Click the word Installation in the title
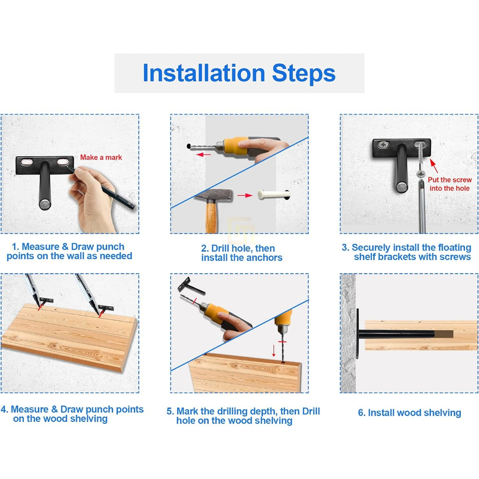[x=204, y=73]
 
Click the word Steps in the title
[x=304, y=73]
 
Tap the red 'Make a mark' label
[x=101, y=157]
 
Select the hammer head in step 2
[x=214, y=195]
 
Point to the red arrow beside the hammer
[x=245, y=196]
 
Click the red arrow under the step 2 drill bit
[x=203, y=154]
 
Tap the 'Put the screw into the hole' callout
[x=450, y=184]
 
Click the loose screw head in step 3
[x=421, y=174]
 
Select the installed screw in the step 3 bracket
[x=384, y=145]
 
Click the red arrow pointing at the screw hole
[x=434, y=166]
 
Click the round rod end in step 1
[x=45, y=204]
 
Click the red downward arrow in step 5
[x=274, y=351]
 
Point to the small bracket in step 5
[x=191, y=286]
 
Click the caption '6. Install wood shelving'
[x=409, y=413]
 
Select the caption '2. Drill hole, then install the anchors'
[x=241, y=253]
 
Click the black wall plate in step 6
[x=357, y=334]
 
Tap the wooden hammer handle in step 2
[x=211, y=217]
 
